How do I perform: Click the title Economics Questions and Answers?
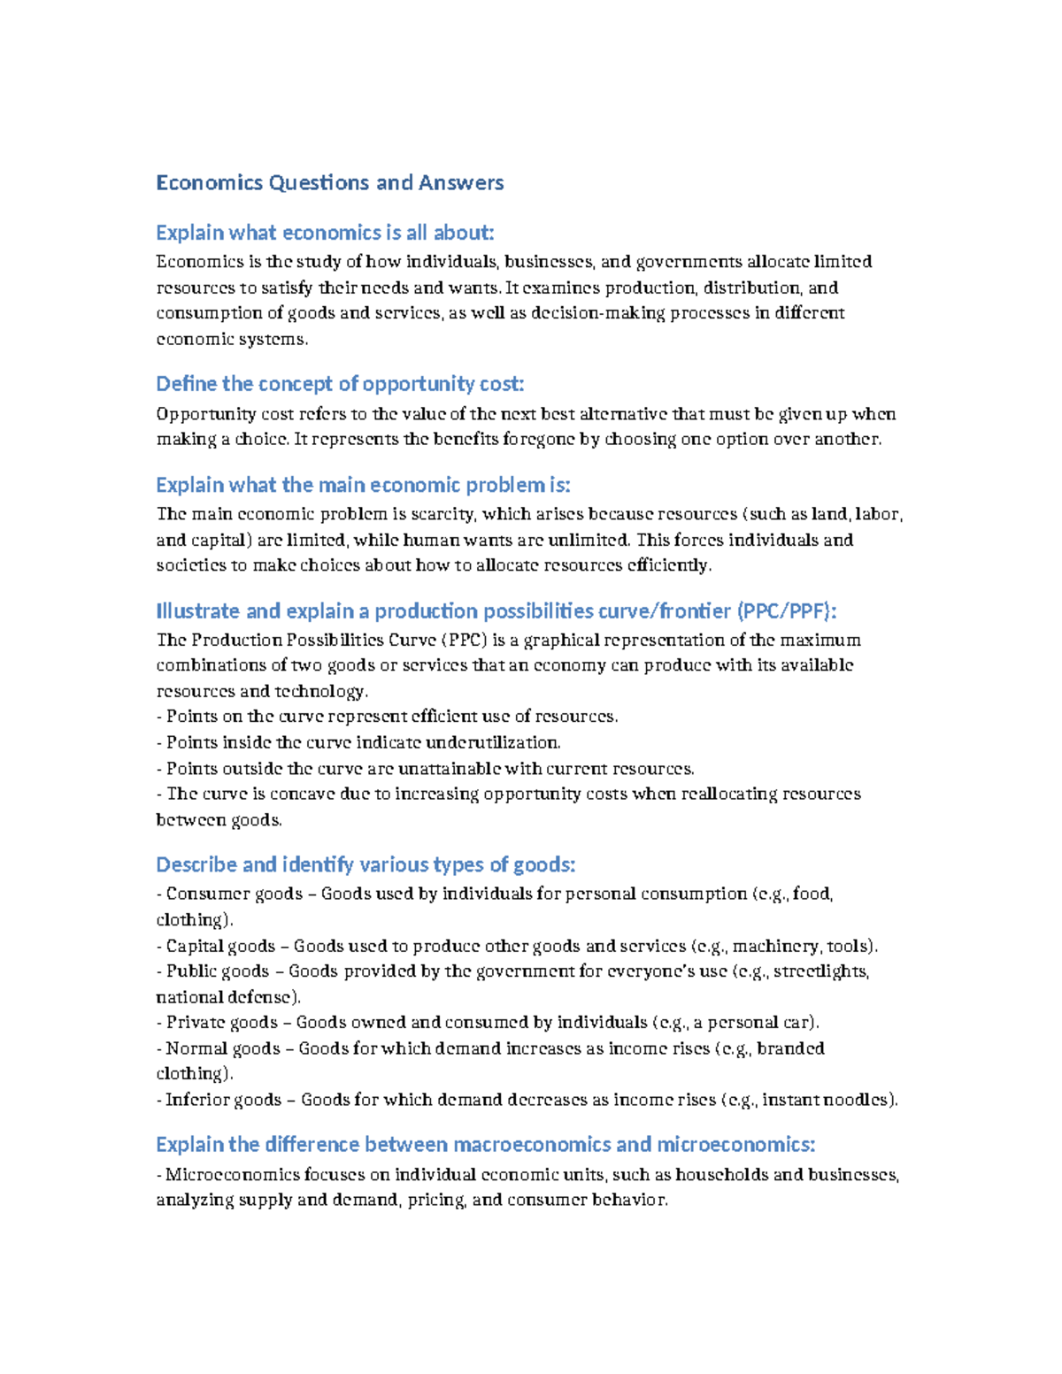pyautogui.click(x=329, y=183)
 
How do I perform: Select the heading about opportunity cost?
pyautogui.click(x=340, y=384)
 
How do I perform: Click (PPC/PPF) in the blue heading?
pyautogui.click(x=787, y=611)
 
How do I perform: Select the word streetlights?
pyautogui.click(x=821, y=971)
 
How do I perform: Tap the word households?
pyautogui.click(x=722, y=1175)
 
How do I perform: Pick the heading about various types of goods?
pyautogui.click(x=366, y=864)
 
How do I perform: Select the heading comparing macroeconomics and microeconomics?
pyautogui.click(x=485, y=1145)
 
